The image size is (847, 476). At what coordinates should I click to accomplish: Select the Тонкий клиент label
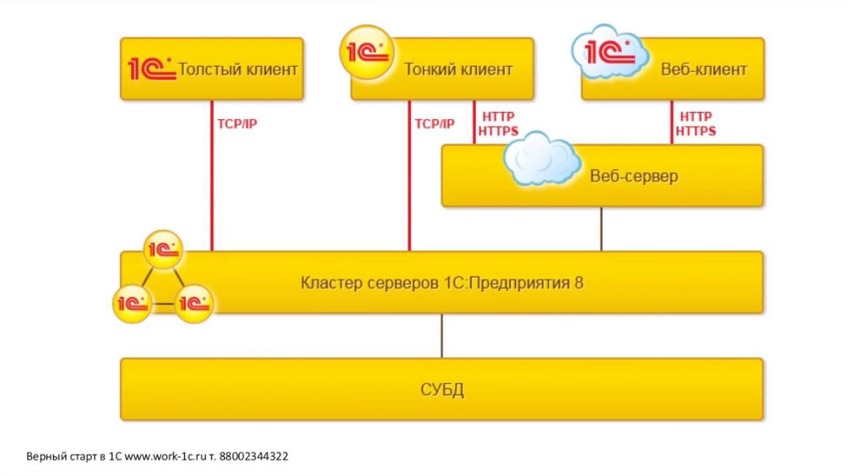[x=458, y=69]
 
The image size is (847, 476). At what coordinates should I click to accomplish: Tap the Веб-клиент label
[x=704, y=69]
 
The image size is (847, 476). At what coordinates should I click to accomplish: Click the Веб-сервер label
[x=634, y=177]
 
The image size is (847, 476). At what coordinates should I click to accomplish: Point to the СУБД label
[x=442, y=389]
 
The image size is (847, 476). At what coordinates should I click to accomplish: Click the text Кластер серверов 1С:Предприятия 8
[x=442, y=284]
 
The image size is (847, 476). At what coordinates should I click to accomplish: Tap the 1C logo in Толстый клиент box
[x=152, y=69]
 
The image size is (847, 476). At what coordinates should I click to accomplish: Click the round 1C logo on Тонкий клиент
[x=366, y=52]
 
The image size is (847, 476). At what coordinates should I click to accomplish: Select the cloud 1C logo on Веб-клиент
[x=609, y=52]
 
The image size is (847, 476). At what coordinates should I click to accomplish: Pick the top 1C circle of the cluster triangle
[x=163, y=249]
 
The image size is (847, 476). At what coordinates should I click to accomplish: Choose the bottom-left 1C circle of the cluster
[x=132, y=303]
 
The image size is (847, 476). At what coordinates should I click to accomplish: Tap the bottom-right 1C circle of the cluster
[x=194, y=303]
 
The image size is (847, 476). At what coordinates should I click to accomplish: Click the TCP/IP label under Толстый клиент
[x=236, y=124]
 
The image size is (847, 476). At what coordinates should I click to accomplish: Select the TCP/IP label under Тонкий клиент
[x=434, y=124]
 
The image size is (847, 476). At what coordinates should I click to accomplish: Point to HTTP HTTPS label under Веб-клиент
[x=695, y=124]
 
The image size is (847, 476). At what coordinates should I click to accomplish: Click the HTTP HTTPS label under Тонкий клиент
[x=498, y=124]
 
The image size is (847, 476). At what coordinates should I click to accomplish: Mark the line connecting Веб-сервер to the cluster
[x=601, y=229]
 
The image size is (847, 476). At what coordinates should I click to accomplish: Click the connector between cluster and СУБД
[x=442, y=335]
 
